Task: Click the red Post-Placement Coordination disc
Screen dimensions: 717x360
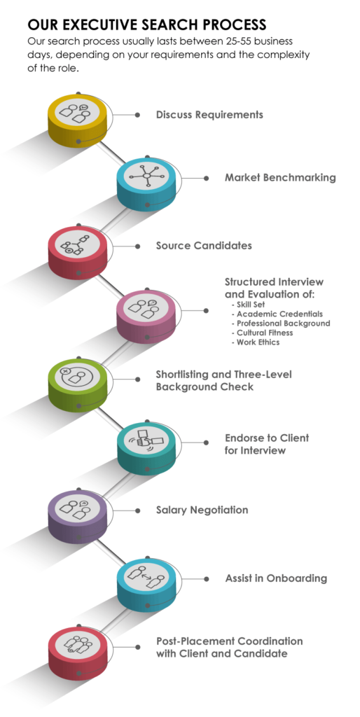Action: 77,646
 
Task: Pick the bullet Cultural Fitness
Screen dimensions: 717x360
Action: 265,333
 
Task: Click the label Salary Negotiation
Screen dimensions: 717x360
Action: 202,510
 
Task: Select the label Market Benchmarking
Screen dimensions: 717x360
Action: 280,178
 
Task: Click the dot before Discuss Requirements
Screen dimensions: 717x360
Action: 137,114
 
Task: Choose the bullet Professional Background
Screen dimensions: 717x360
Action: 283,323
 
